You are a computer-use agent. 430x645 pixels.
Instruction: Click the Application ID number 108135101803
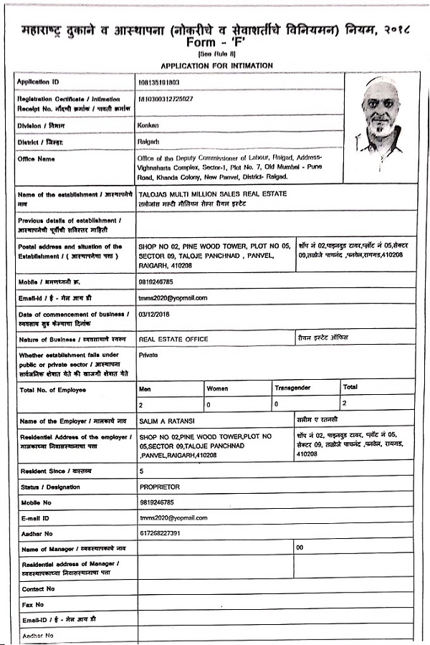158,83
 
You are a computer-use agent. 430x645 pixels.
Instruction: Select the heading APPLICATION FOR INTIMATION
216,65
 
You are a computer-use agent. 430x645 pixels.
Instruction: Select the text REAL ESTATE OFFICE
173,339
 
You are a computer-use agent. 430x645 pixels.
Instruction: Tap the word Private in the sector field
149,355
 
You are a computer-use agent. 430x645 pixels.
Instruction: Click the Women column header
218,388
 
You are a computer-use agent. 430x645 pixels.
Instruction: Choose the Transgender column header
292,388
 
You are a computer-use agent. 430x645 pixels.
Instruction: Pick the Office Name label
36,159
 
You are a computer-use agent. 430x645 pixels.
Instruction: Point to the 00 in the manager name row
300,548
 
